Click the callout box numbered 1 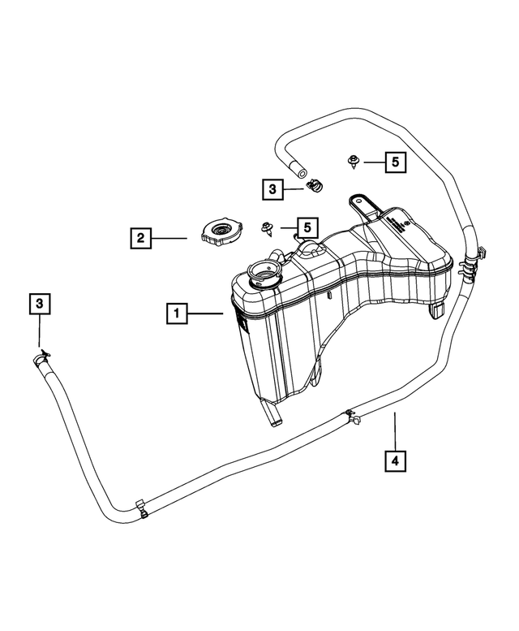[x=177, y=312]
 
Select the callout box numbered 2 [x=141, y=238]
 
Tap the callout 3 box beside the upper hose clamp [x=273, y=189]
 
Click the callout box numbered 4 [x=395, y=460]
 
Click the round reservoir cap [x=217, y=234]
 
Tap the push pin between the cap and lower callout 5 [x=266, y=229]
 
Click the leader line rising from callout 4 [x=395, y=430]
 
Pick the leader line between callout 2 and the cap [x=172, y=238]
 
